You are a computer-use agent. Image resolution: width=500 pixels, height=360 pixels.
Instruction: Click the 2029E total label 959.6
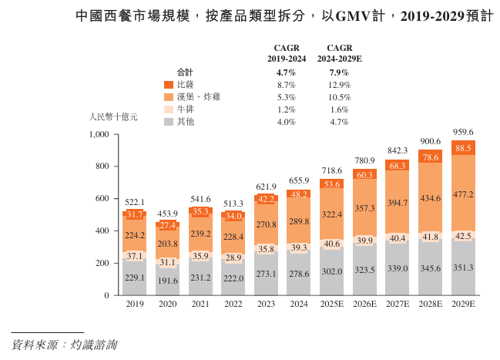(462, 132)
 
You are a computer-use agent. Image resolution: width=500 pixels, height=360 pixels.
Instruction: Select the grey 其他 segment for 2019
(134, 278)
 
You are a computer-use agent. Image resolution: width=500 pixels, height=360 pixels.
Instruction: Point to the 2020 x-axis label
(167, 304)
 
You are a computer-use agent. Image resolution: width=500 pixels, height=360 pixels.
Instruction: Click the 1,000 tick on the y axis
(100, 135)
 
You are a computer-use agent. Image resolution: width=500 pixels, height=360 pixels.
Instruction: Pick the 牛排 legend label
(185, 109)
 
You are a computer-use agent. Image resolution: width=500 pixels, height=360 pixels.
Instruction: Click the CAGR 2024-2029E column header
(340, 52)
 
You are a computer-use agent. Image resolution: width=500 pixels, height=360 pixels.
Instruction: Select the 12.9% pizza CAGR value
(340, 85)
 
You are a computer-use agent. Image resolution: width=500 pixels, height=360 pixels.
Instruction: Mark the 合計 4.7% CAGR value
(286, 72)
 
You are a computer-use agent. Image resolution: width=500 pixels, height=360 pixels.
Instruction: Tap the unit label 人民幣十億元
(113, 118)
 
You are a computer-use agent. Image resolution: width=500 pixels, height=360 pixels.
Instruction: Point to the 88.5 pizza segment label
(462, 148)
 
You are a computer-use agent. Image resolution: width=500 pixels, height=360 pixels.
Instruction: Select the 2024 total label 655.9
(298, 180)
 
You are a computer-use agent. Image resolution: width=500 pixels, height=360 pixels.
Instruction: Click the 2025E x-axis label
(331, 304)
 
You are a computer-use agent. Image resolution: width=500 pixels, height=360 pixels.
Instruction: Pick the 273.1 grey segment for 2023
(266, 273)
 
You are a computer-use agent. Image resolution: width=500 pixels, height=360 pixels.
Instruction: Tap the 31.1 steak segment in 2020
(167, 262)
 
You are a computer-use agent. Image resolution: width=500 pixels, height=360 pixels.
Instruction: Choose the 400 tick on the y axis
(103, 231)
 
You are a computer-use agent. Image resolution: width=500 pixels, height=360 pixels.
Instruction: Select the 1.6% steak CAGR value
(340, 109)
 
